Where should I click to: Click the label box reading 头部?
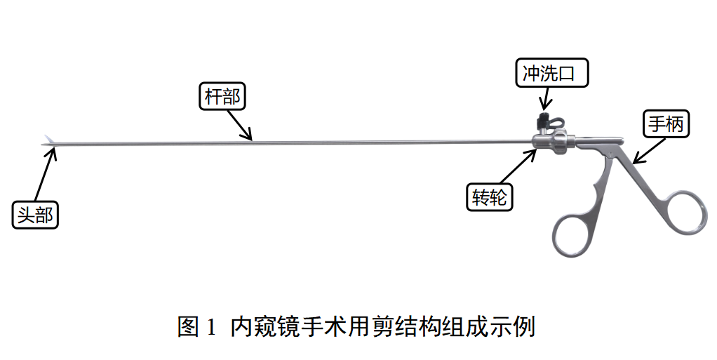pos(35,215)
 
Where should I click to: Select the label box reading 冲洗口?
pos(552,72)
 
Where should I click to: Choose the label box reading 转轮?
pos(490,196)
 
